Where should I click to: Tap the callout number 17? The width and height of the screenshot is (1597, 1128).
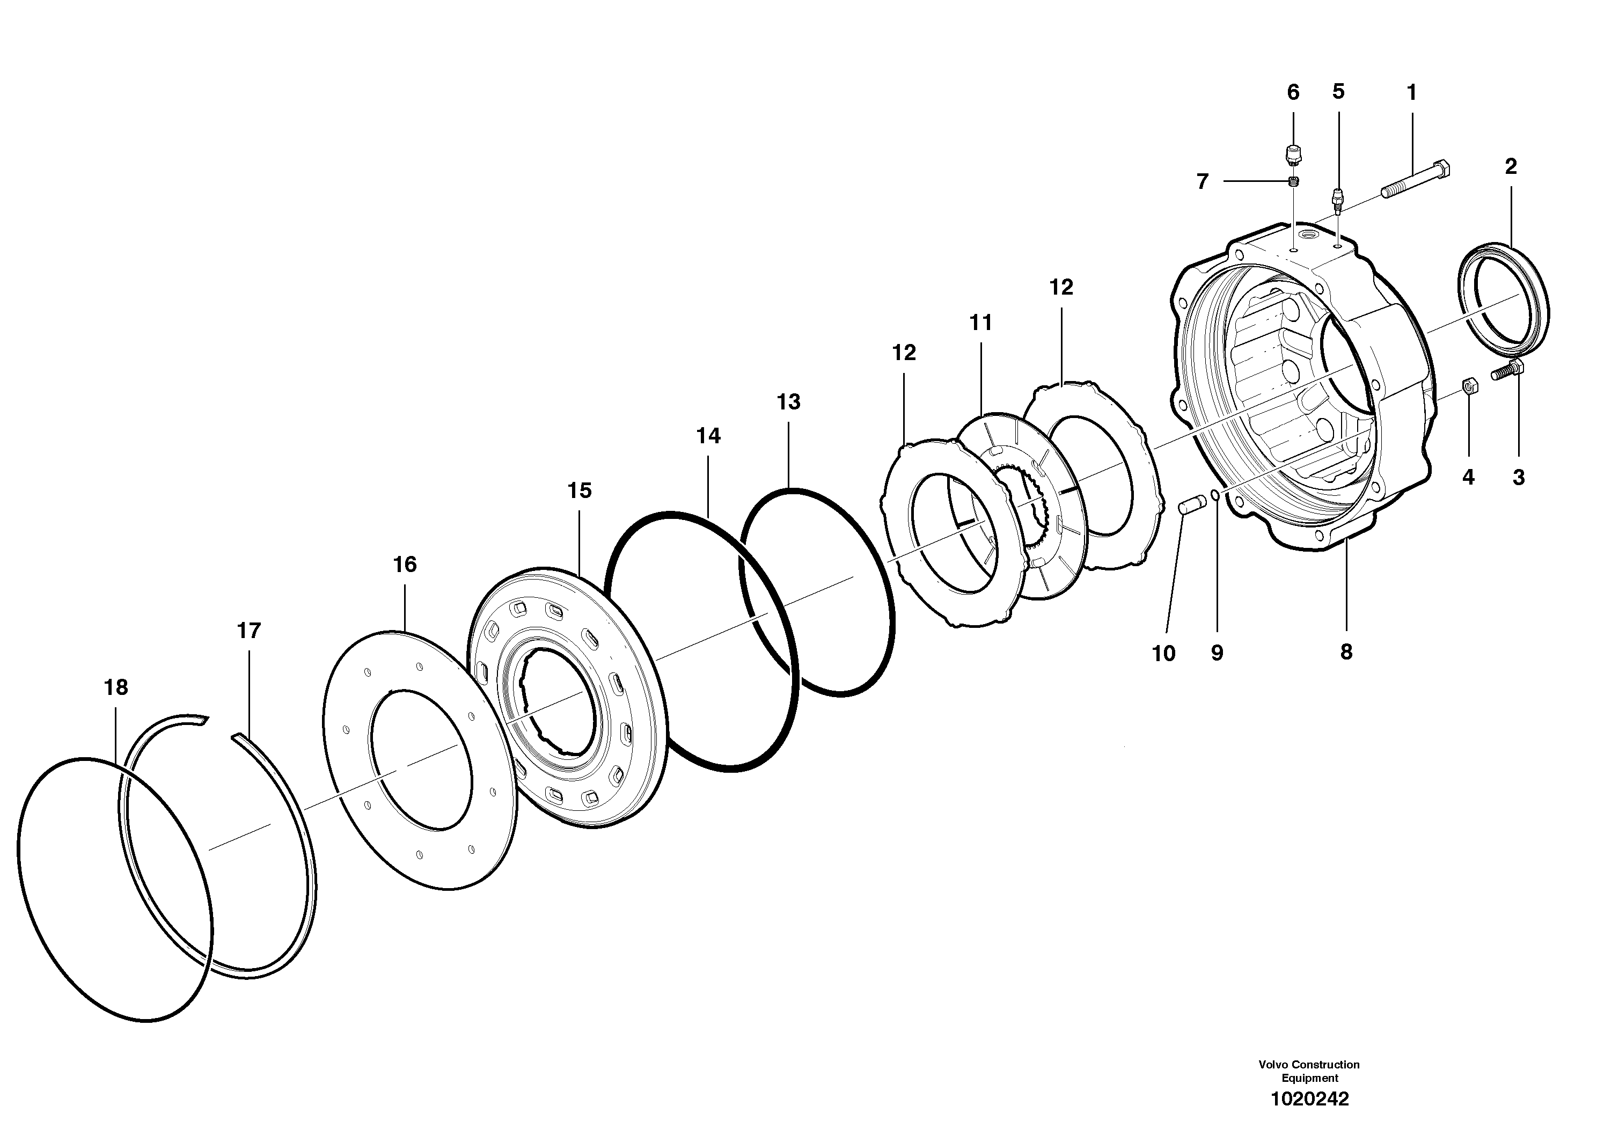(248, 631)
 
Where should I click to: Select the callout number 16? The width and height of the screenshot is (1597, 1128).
(405, 564)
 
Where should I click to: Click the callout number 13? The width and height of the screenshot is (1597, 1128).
(789, 401)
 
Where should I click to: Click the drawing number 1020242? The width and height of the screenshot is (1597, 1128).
(1310, 1099)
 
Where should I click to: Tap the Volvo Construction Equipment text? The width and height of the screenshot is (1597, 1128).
(1309, 1071)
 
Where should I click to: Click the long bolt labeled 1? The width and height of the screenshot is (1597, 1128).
(1412, 179)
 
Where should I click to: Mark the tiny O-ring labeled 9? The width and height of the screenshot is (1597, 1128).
(1214, 494)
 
